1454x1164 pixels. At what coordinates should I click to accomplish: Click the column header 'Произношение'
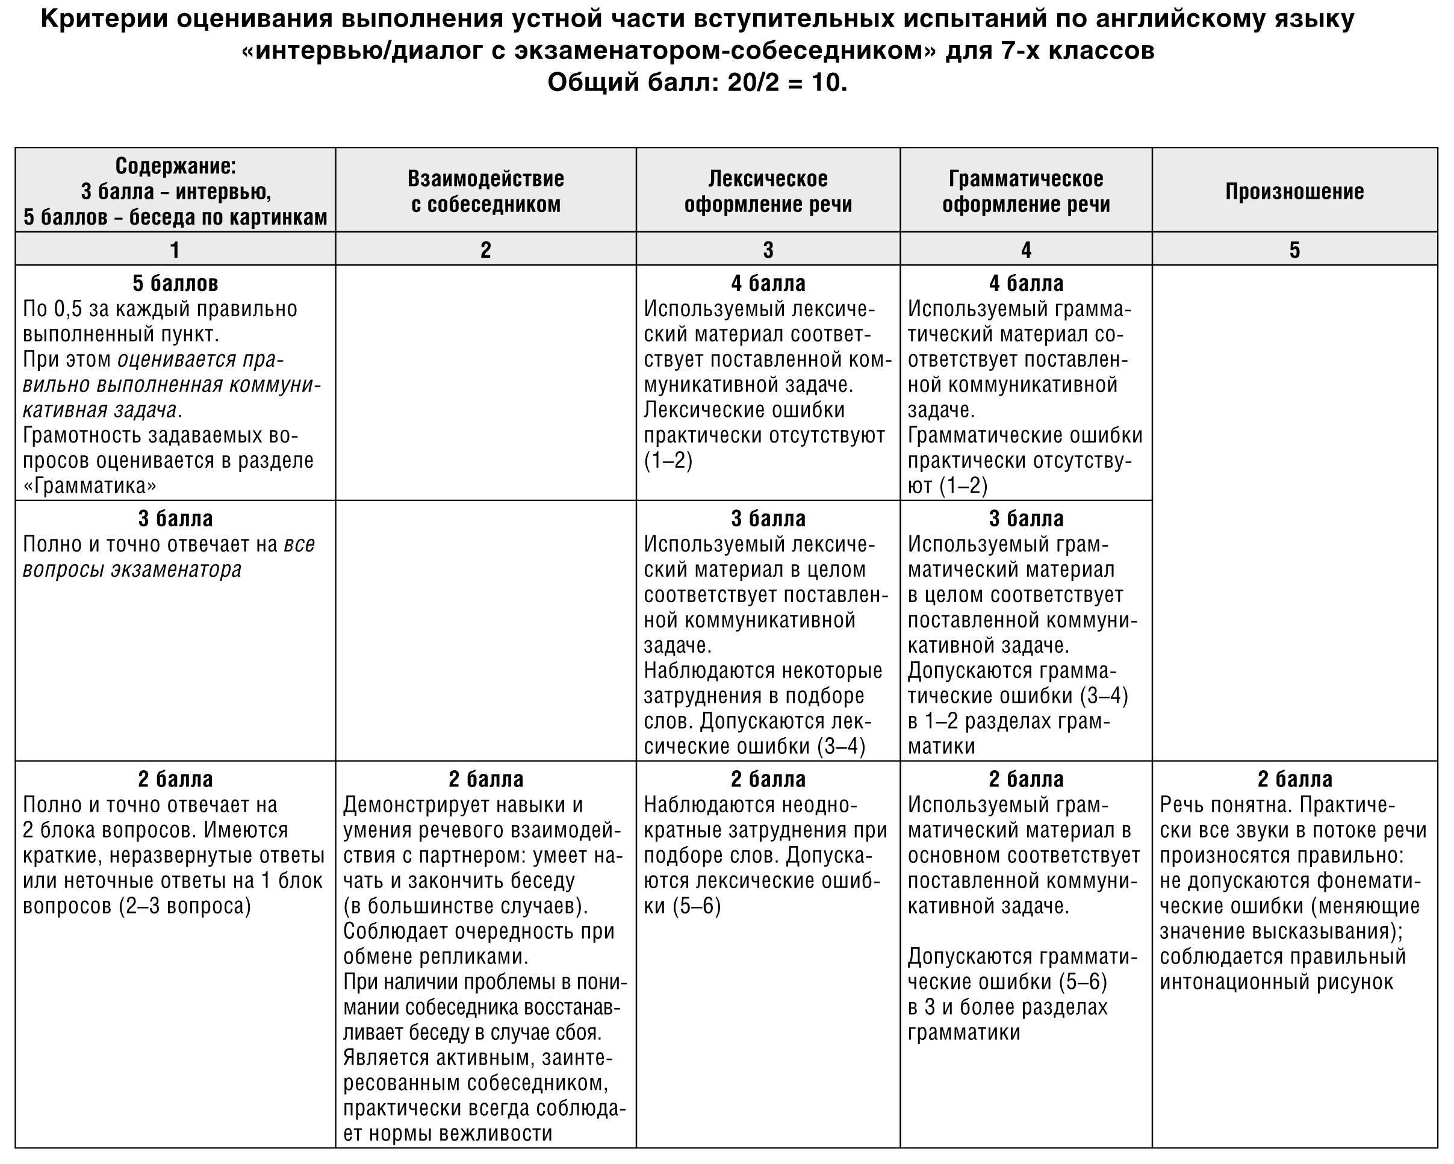[1294, 191]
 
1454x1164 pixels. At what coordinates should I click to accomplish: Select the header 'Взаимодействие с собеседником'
[485, 191]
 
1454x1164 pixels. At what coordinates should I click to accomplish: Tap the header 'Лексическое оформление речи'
[768, 191]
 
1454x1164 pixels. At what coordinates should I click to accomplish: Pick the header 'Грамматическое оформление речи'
[1026, 191]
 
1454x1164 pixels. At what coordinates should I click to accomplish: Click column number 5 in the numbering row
[1294, 250]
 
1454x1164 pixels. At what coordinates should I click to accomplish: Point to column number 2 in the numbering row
[485, 250]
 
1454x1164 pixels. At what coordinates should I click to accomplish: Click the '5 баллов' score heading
[175, 283]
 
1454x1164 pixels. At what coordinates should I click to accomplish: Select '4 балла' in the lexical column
[768, 283]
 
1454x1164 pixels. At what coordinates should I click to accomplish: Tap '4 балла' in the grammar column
[1026, 283]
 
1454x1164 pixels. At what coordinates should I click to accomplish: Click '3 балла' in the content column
[175, 518]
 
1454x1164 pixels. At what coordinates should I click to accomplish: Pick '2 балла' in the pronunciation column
[1294, 780]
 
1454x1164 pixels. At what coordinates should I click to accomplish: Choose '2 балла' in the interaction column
[485, 780]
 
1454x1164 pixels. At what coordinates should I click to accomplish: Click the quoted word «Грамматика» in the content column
[90, 486]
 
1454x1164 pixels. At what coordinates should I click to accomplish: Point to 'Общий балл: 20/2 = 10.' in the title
[697, 83]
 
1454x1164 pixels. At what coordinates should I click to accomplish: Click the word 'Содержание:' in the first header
[175, 167]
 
